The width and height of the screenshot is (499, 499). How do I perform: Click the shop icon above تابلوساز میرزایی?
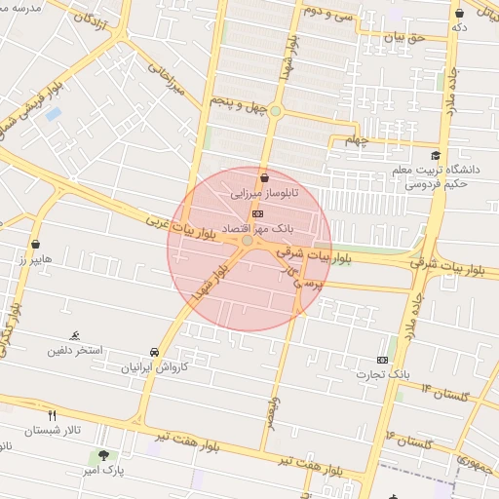click(265, 177)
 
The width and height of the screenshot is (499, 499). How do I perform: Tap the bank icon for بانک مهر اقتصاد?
click(256, 212)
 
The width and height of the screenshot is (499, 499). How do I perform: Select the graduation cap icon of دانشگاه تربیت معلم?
click(435, 156)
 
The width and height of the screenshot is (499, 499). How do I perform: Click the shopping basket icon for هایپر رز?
click(36, 245)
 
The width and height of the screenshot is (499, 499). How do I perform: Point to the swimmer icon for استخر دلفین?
click(75, 334)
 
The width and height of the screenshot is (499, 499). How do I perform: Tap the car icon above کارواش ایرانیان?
click(154, 352)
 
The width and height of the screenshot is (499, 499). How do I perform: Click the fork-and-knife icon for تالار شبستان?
click(53, 414)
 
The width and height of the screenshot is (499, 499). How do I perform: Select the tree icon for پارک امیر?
click(103, 455)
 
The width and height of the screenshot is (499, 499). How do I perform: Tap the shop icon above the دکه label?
click(459, 13)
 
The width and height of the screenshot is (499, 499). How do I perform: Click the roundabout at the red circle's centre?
click(249, 240)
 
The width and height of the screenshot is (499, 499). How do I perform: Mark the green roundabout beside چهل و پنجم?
click(276, 111)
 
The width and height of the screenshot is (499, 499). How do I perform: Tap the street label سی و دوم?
click(326, 13)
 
